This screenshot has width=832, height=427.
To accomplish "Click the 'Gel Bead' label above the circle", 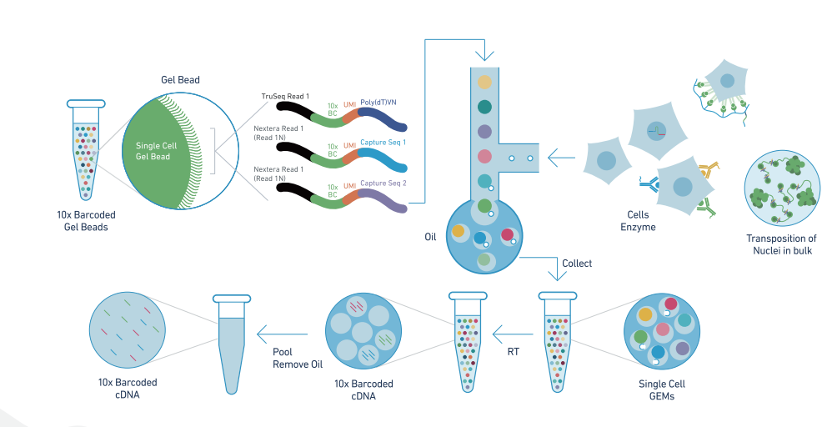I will pyautogui.click(x=180, y=80).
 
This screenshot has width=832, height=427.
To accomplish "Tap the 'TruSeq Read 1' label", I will pyautogui.click(x=285, y=97).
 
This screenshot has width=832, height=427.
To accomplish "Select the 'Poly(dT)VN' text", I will pyautogui.click(x=378, y=102).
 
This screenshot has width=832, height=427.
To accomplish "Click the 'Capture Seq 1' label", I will pyautogui.click(x=383, y=143).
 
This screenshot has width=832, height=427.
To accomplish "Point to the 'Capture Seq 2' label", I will pyautogui.click(x=383, y=183).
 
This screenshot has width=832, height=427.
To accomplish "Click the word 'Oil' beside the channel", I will pyautogui.click(x=430, y=237).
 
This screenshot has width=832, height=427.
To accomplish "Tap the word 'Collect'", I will pyautogui.click(x=577, y=264).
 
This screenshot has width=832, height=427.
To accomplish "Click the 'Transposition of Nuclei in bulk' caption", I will pyautogui.click(x=781, y=244).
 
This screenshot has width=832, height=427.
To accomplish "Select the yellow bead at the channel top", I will pyautogui.click(x=484, y=82).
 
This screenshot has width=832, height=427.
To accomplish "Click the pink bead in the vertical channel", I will pyautogui.click(x=484, y=156).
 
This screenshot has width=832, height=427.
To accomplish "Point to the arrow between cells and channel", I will pyautogui.click(x=563, y=157).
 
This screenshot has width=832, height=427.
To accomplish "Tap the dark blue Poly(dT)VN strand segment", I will pyautogui.click(x=384, y=121).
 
